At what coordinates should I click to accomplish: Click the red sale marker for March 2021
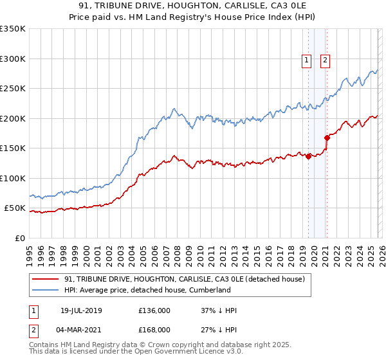click(327, 137)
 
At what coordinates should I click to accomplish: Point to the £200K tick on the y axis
click(13, 118)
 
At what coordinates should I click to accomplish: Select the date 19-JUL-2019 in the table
click(80, 310)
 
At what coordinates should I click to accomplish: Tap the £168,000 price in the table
click(154, 329)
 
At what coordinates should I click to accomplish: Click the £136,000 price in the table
click(154, 310)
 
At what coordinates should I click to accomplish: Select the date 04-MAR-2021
click(80, 329)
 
